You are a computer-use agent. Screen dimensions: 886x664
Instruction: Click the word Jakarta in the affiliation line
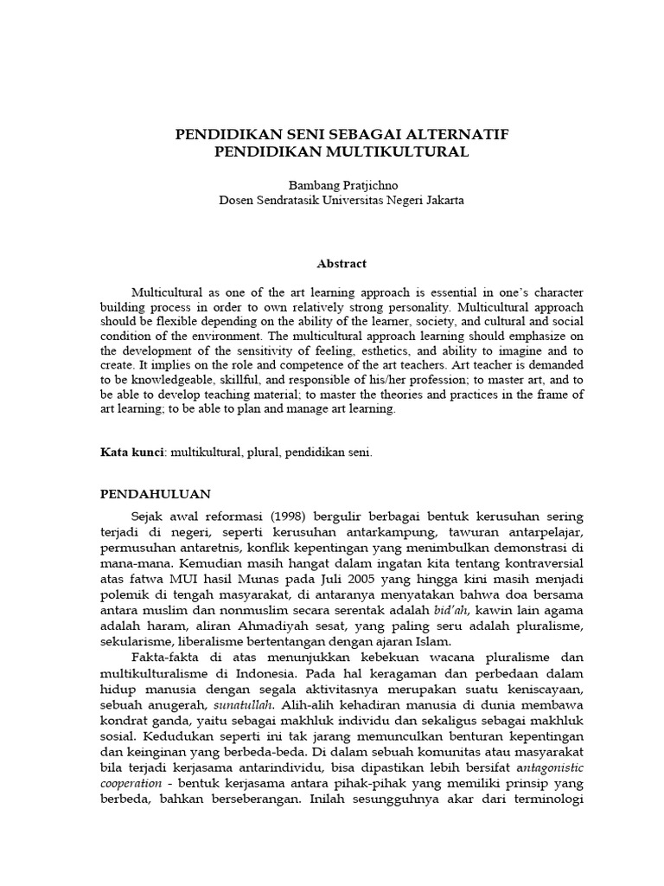click(x=442, y=200)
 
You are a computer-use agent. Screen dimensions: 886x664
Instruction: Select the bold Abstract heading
click(x=341, y=264)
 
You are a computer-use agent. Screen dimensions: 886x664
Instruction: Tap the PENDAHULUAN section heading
click(x=156, y=494)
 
